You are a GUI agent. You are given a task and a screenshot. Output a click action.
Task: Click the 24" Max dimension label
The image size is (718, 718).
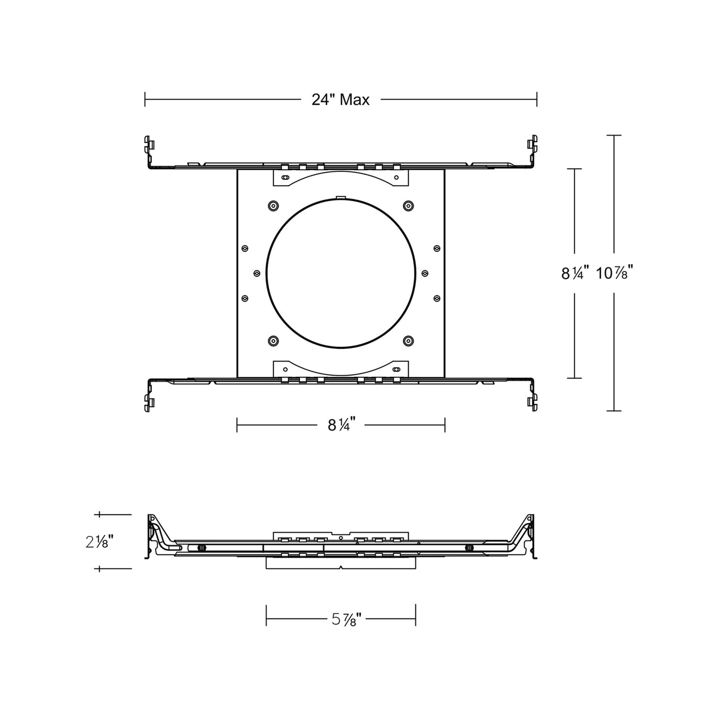click(x=340, y=100)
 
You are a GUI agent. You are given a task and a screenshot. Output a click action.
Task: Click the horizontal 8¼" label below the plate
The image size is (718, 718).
click(x=340, y=425)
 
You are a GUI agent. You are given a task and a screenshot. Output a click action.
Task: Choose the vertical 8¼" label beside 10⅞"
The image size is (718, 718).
click(x=575, y=273)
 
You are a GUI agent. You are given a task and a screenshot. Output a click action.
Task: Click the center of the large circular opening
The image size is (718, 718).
click(x=341, y=273)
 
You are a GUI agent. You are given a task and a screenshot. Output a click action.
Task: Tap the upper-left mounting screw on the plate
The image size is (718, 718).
click(x=273, y=206)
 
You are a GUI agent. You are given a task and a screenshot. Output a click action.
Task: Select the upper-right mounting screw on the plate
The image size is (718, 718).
click(x=408, y=206)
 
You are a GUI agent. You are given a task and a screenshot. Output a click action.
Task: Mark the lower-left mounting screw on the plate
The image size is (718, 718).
click(x=273, y=340)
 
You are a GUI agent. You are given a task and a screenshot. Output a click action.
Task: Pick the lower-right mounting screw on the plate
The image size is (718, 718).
click(x=408, y=340)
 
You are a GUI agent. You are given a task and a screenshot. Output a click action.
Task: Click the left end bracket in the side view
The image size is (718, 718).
click(x=152, y=537)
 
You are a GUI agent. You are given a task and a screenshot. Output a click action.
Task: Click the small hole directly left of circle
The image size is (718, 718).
click(x=257, y=273)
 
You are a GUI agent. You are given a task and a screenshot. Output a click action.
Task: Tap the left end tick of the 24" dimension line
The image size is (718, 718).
click(x=145, y=99)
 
